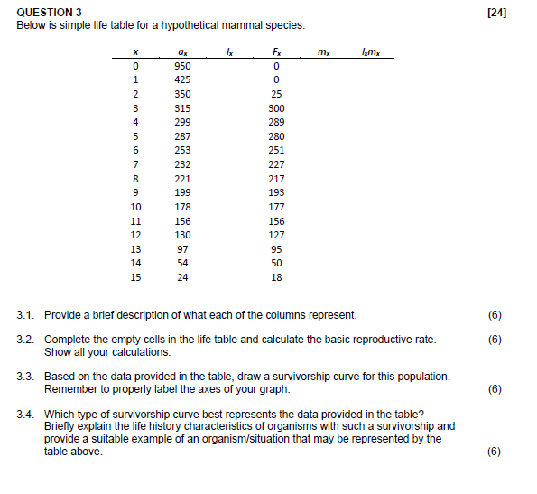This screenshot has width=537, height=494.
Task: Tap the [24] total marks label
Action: [x=495, y=12]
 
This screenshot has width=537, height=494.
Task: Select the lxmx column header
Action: [x=370, y=52]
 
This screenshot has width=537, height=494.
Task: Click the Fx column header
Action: [x=277, y=52]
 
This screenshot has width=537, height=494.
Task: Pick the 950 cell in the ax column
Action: [x=183, y=66]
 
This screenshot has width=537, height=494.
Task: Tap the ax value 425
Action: [x=183, y=80]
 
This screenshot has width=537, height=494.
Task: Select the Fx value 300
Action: [x=277, y=108]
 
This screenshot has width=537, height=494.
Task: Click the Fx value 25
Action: [x=277, y=94]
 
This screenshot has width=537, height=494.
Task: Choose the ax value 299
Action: [x=183, y=122]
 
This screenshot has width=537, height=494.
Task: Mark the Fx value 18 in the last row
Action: [x=277, y=277]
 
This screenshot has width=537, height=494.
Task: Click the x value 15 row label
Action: [x=135, y=277]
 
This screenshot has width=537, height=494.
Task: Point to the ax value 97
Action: [x=183, y=249]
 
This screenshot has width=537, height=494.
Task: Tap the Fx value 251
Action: [x=277, y=150]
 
